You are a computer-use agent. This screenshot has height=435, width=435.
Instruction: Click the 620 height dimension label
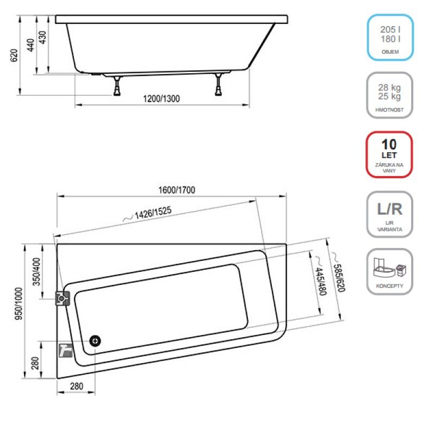click(14, 55)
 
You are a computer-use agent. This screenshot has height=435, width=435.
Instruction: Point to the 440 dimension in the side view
click(30, 45)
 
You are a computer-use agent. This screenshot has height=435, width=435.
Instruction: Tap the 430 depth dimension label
click(42, 37)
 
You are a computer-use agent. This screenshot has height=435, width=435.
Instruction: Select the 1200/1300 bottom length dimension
click(161, 99)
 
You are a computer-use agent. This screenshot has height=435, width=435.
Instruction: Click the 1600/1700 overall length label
click(177, 190)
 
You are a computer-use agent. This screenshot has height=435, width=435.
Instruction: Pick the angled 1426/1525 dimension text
click(153, 213)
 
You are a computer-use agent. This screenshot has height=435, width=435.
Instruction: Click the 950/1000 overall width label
click(18, 304)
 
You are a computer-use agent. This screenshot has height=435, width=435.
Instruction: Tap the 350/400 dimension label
click(36, 271)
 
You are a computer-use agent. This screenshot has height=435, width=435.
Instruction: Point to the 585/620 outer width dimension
click(339, 278)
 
